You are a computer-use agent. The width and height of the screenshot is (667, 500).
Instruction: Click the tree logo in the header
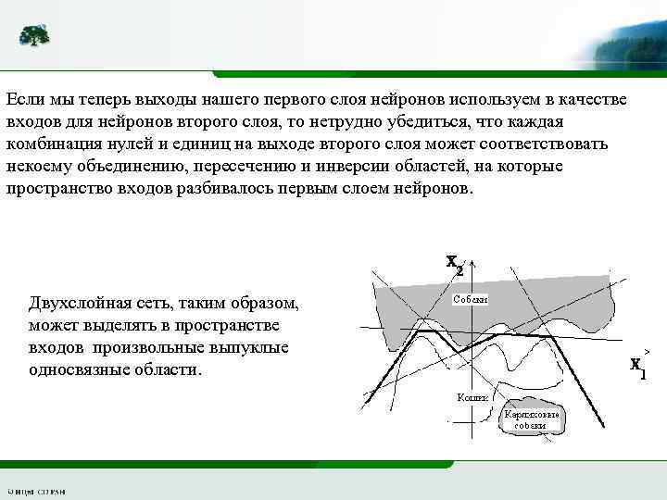[35, 35]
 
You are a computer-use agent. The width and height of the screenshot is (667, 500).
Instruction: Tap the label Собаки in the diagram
[471, 298]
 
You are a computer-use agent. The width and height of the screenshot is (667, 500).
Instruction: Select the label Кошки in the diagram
[472, 396]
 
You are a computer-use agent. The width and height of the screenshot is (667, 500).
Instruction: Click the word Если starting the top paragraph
[24, 98]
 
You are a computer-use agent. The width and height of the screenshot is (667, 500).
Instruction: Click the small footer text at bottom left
[37, 491]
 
